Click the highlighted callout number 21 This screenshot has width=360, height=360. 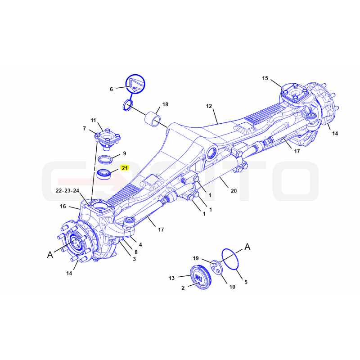coord(125,168)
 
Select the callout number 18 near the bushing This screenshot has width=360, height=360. coord(165,104)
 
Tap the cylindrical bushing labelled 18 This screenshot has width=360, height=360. coord(153,119)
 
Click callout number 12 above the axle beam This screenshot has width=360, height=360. coord(209,106)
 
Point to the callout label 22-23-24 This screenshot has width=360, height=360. coord(67,190)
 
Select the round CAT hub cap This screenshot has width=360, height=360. coord(199,277)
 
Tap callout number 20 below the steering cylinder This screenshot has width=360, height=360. coord(234,191)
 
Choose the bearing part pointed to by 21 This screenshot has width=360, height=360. coord(104,174)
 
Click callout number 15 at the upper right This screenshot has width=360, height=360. coord(265,78)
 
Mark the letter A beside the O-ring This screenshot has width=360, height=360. coord(247,247)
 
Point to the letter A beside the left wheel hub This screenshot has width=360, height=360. coord(50,255)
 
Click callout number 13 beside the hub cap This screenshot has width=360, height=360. coord(172,278)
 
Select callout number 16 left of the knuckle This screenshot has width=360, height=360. coord(63,206)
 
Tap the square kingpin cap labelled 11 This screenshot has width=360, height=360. coord(108,139)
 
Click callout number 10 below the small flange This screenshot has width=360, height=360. coord(232,287)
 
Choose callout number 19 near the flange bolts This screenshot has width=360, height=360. coord(196,258)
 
